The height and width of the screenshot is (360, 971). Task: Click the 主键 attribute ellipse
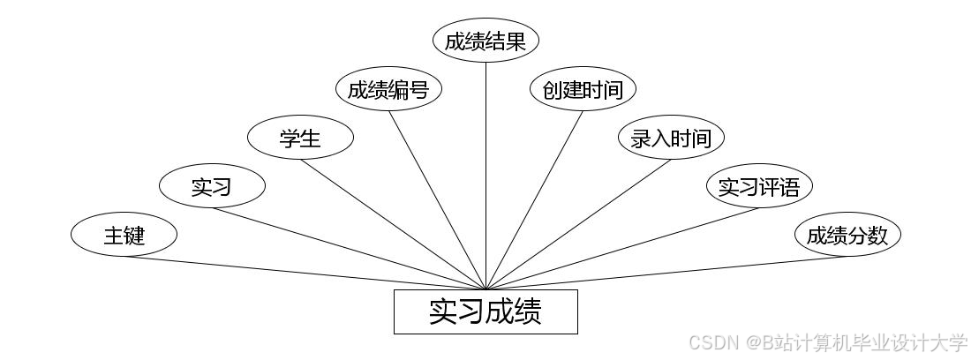(124, 236)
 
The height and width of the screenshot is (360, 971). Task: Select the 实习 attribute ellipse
(212, 186)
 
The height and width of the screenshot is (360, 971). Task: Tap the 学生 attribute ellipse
(300, 138)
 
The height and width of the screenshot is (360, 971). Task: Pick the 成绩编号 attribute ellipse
(388, 89)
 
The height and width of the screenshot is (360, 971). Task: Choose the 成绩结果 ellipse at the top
(485, 41)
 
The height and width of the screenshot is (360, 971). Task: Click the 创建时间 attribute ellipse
(583, 89)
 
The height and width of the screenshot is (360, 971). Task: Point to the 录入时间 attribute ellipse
(671, 138)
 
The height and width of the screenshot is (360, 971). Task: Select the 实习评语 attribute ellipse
(759, 186)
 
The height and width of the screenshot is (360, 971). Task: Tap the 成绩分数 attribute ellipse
(847, 236)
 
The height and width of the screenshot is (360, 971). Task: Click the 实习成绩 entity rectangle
(485, 311)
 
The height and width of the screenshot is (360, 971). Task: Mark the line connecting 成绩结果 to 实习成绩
(485, 176)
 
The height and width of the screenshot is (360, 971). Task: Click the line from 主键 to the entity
(305, 273)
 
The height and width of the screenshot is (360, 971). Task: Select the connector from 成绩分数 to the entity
(666, 273)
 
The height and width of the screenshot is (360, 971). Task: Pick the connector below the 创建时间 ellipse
(534, 200)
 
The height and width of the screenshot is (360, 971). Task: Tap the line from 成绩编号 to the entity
(437, 200)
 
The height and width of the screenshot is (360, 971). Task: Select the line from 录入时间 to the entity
(578, 224)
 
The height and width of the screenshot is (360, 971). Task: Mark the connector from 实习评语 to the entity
(622, 249)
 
